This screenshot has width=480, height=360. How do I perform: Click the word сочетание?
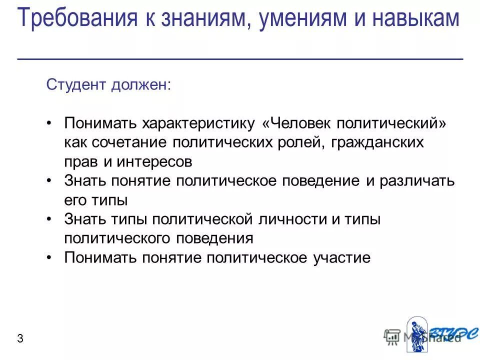tap(130, 142)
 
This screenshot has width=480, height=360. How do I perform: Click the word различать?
tap(417, 181)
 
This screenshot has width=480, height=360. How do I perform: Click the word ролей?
tap(294, 142)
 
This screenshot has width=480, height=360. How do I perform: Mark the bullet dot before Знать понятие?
tap(49, 181)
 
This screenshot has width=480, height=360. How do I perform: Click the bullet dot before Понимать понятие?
tap(49, 258)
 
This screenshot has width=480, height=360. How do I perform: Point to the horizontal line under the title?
tap(240, 59)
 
